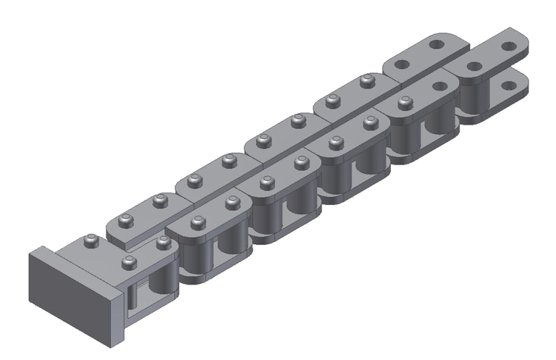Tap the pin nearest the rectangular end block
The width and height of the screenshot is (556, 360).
[x=90, y=241]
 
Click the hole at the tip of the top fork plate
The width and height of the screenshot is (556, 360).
[x=509, y=46]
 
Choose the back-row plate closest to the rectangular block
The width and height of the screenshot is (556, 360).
[x=142, y=220]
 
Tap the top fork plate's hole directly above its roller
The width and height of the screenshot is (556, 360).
[x=474, y=66]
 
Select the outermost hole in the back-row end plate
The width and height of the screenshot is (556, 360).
[x=436, y=44]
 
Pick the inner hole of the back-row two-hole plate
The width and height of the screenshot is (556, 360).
[x=402, y=62]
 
